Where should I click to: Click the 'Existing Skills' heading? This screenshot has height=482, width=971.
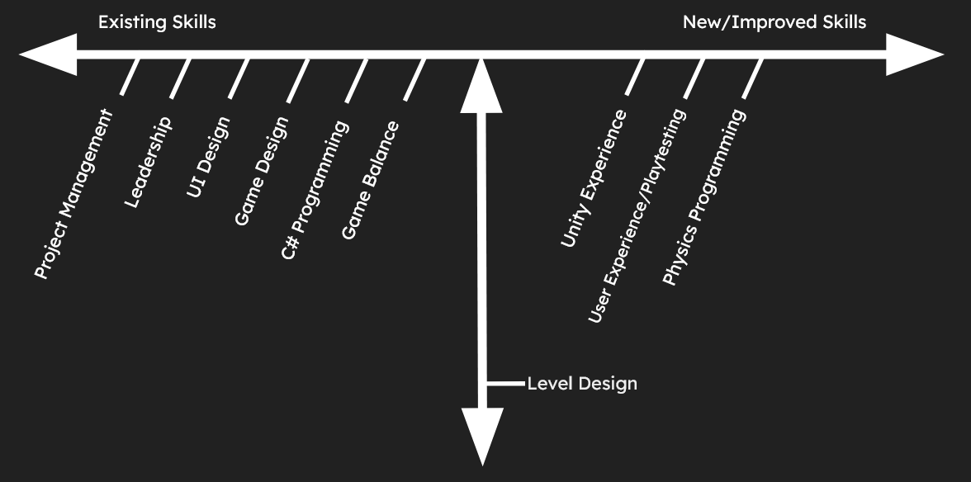[157, 22]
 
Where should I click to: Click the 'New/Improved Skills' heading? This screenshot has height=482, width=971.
[774, 22]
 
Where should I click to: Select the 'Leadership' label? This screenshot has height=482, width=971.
[149, 162]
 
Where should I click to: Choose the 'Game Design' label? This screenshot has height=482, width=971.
[262, 171]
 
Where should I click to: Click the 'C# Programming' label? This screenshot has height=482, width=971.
[315, 191]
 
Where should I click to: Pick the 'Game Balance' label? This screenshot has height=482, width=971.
[370, 180]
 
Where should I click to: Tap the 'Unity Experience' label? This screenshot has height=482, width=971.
[594, 178]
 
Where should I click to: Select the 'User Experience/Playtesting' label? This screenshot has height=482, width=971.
[637, 215]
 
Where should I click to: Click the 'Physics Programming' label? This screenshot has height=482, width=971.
[704, 198]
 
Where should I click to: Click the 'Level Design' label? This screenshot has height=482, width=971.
[582, 384]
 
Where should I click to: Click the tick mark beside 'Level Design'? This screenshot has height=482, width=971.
[506, 384]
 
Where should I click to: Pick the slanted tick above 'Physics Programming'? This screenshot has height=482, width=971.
[752, 78]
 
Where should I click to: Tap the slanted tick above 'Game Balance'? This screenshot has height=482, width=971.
[414, 79]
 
